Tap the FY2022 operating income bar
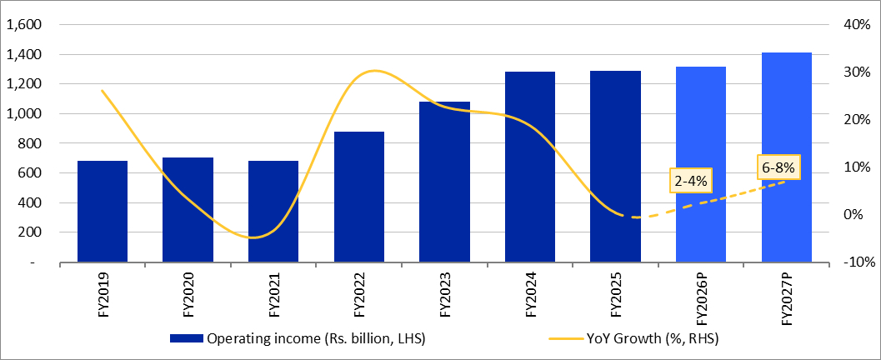[358, 197]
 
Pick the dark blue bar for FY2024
[529, 167]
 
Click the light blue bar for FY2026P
[700, 164]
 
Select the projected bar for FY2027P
[786, 157]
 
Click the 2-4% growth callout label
[688, 181]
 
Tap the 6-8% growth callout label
[778, 167]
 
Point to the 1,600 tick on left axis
[23, 25]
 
